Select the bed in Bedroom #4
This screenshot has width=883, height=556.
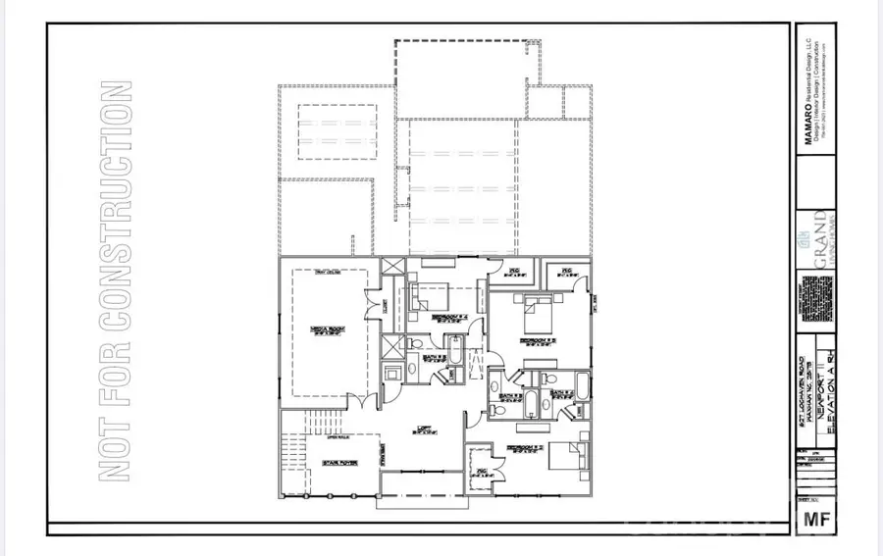click(x=430, y=294)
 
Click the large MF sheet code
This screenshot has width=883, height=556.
click(x=812, y=516)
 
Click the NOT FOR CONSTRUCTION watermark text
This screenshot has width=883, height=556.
click(x=117, y=279)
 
